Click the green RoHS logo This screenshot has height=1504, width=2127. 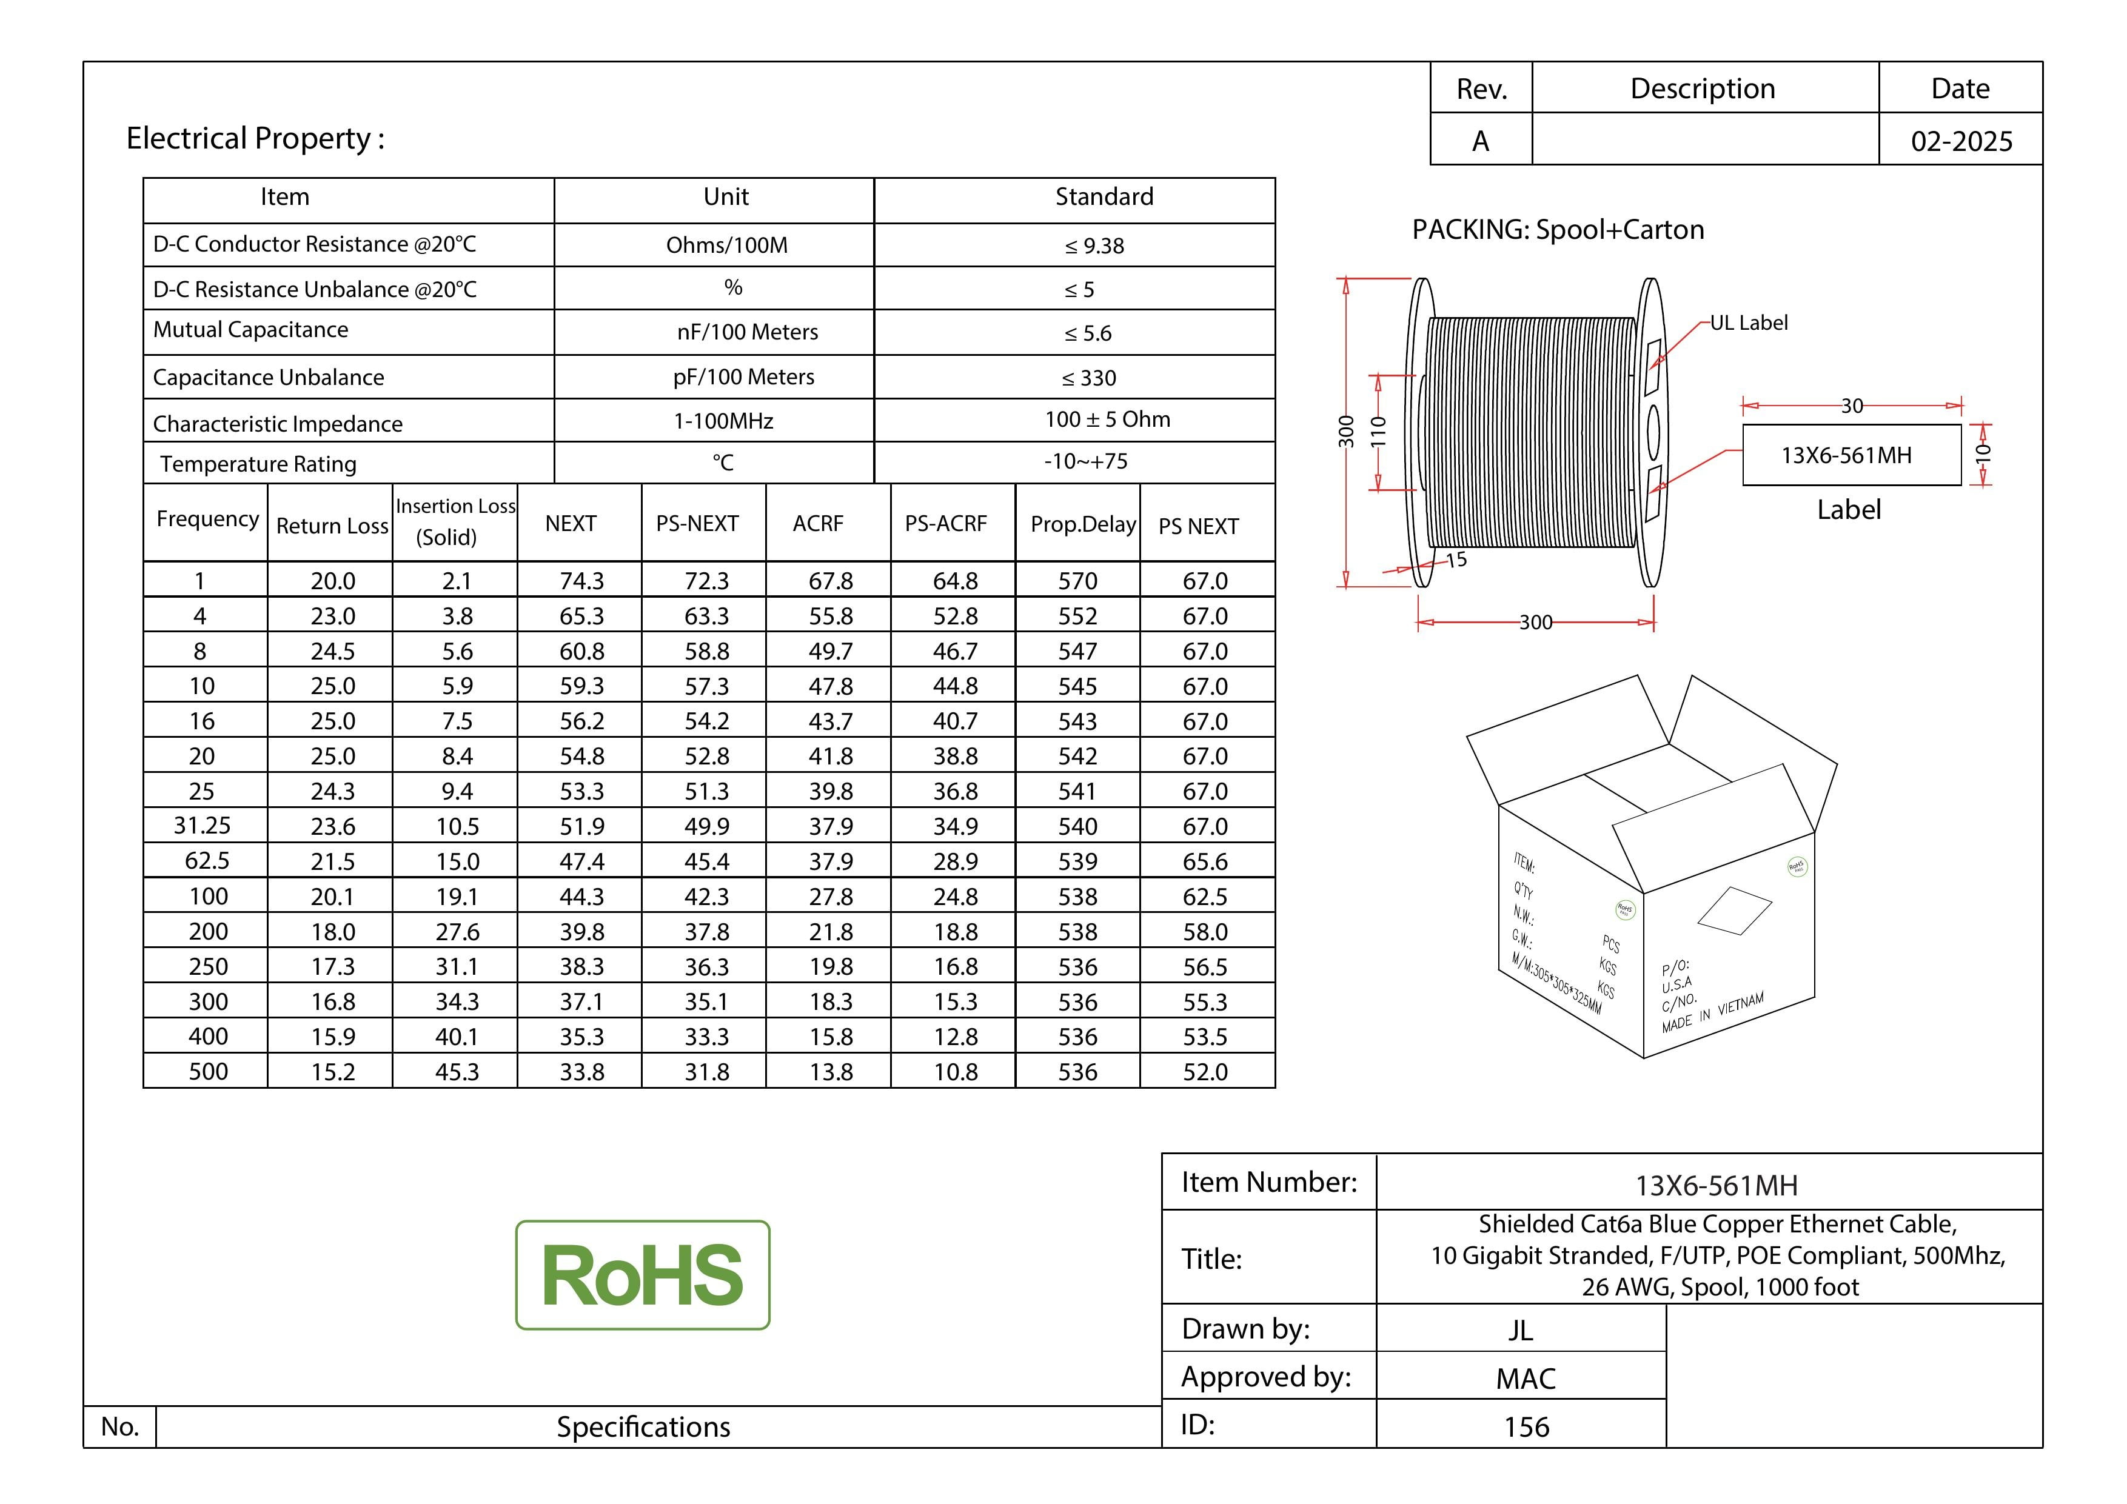[x=643, y=1275]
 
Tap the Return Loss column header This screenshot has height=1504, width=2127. [x=332, y=526]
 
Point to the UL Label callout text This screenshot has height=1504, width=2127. [x=1749, y=323]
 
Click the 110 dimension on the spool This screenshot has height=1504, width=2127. [x=1378, y=432]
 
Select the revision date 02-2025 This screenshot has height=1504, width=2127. [x=1961, y=142]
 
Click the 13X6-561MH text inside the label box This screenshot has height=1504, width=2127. [x=1846, y=456]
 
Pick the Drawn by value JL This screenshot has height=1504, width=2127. [x=1520, y=1330]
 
